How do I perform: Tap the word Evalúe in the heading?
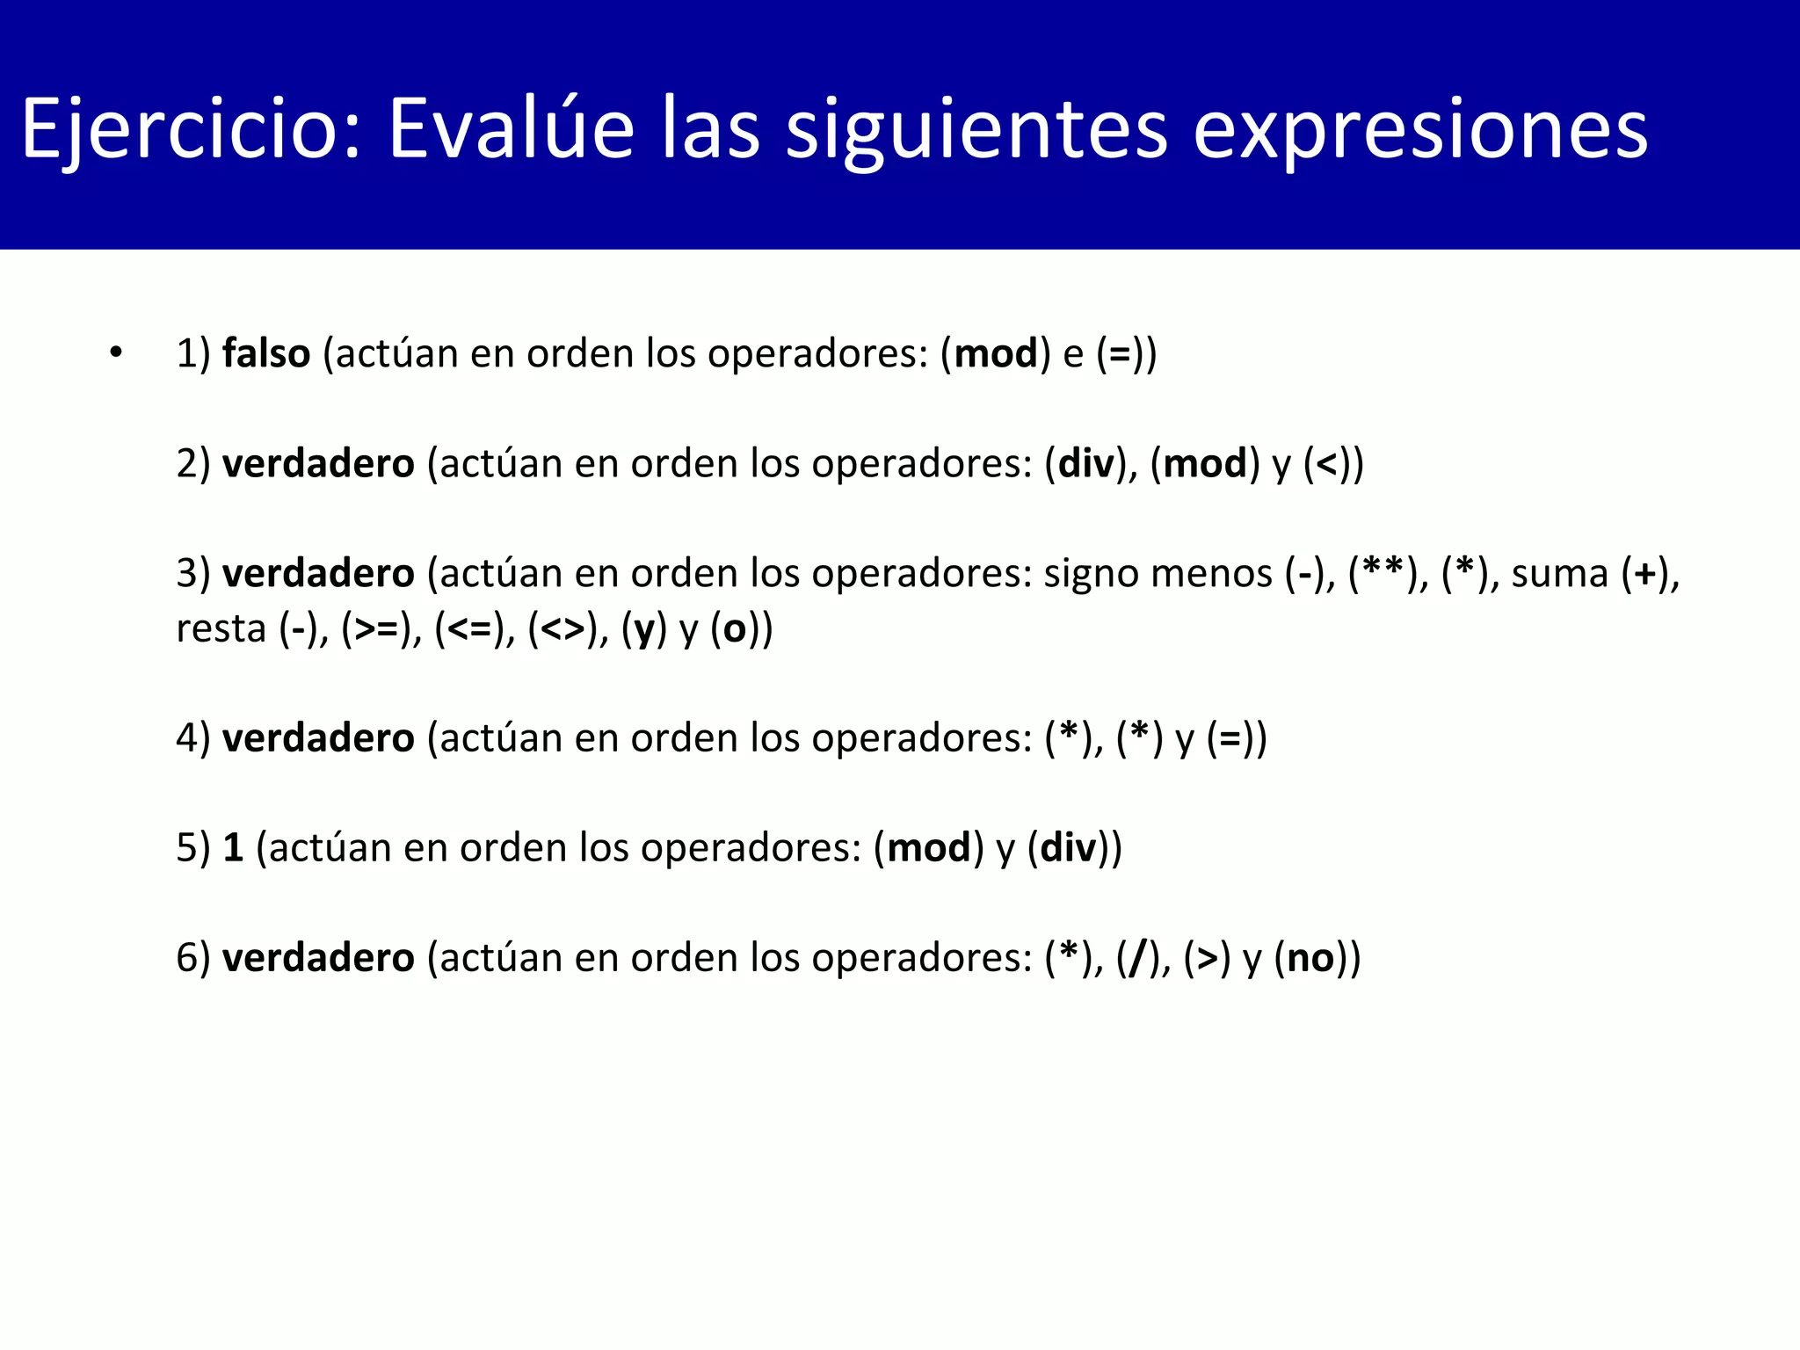[x=511, y=130]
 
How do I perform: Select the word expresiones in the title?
[x=1419, y=130]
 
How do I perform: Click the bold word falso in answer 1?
[x=265, y=354]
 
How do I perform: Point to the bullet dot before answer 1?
[x=116, y=353]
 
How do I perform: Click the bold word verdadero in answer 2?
[x=317, y=464]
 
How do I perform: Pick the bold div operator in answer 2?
[x=1086, y=464]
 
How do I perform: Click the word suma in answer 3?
[x=1559, y=574]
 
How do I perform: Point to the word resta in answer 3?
[x=221, y=629]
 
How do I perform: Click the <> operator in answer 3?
[x=562, y=629]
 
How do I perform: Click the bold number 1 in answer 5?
[x=233, y=848]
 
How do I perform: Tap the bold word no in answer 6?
[x=1310, y=958]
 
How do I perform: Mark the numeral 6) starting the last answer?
[x=193, y=958]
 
